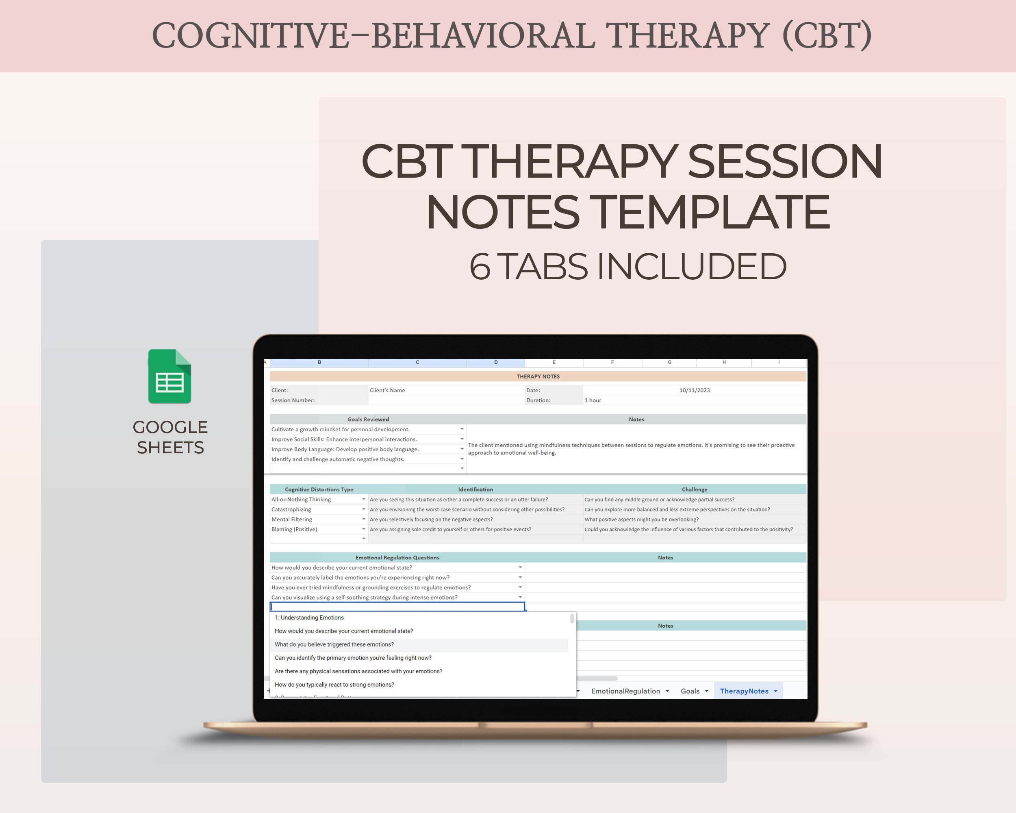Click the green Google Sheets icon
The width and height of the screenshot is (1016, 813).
click(169, 376)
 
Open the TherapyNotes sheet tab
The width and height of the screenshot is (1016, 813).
click(744, 691)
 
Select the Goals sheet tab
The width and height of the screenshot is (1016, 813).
click(690, 691)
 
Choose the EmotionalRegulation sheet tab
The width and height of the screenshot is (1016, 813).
click(625, 691)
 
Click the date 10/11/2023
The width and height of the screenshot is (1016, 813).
click(694, 390)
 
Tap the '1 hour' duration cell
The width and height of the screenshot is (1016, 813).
click(593, 400)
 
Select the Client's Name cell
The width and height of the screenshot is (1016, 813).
click(387, 390)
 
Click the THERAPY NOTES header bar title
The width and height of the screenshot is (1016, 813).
click(538, 376)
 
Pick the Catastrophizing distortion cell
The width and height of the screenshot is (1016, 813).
click(291, 509)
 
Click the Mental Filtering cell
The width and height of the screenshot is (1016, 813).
click(292, 520)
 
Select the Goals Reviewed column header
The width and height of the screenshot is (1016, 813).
click(368, 420)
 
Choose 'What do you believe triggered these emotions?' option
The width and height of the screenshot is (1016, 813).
click(334, 644)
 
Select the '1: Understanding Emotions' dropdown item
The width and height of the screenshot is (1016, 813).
click(309, 617)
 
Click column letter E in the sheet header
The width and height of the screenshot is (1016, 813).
click(554, 363)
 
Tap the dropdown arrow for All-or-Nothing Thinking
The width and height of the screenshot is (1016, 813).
click(364, 499)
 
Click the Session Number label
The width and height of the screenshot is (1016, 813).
click(293, 400)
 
